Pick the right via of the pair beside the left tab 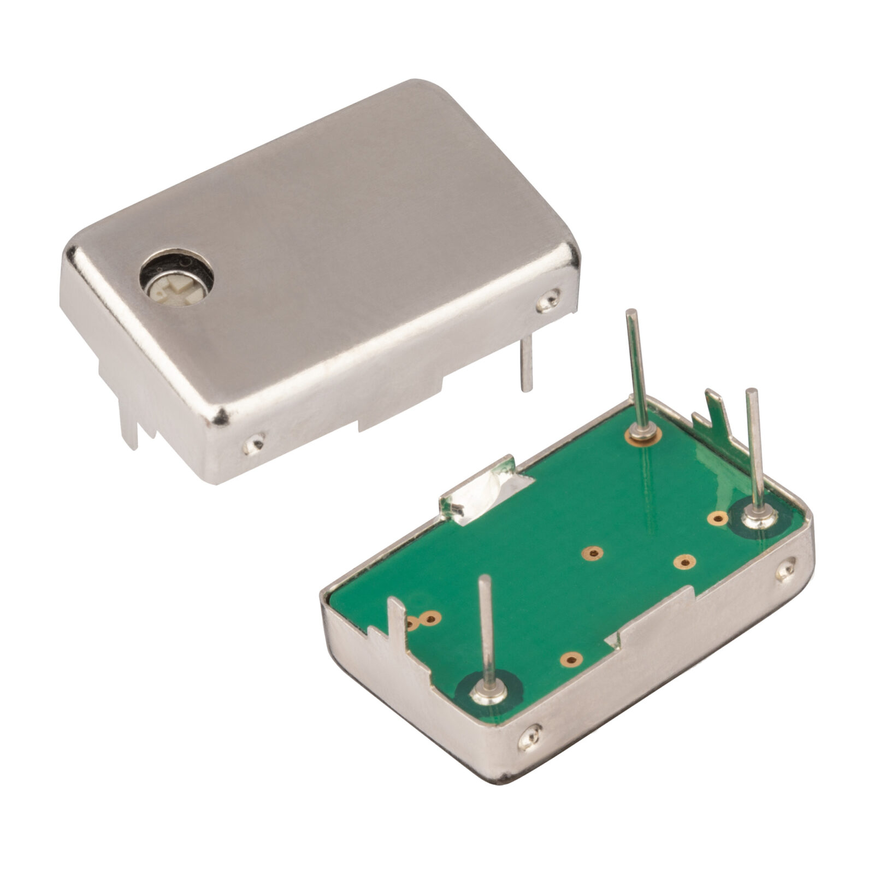(x=432, y=618)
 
